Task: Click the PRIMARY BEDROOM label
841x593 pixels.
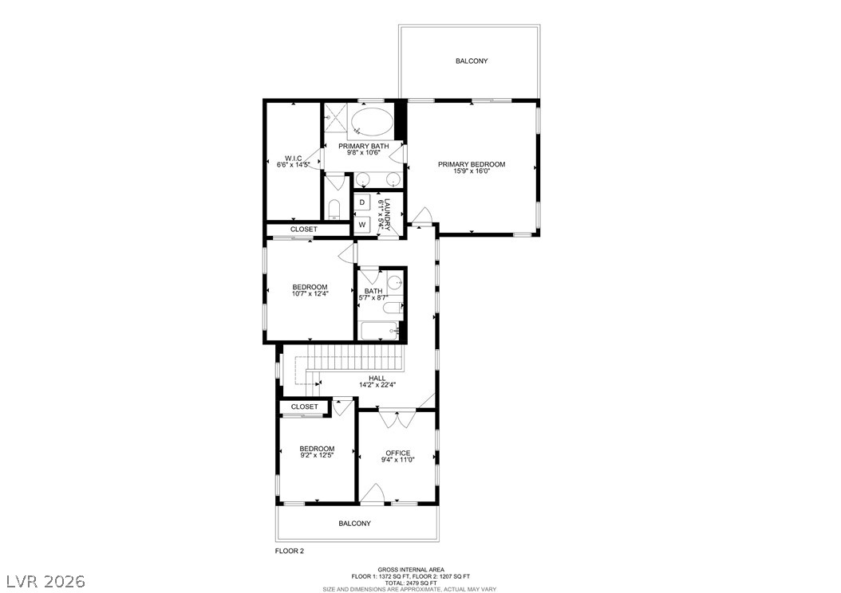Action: coord(472,164)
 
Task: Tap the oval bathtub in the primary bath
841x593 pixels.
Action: coord(372,124)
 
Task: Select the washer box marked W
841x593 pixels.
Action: coord(361,225)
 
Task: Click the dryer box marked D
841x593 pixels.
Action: coord(361,202)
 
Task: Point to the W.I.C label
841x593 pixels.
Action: coord(293,158)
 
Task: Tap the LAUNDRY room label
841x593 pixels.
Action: coord(386,214)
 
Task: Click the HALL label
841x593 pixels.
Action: coord(377,378)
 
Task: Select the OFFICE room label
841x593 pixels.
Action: coord(397,453)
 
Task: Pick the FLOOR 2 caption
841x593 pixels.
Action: coord(290,551)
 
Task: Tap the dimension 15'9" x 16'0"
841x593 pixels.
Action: coord(472,171)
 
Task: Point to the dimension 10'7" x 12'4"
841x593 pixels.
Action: coord(310,293)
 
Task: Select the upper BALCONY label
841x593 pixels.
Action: coord(472,61)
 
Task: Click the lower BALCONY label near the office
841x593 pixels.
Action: coord(355,524)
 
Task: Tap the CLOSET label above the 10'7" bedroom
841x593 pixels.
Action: coord(303,230)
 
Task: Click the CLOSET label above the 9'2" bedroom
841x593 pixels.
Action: coord(304,406)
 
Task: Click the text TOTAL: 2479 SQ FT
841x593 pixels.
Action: coord(410,583)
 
